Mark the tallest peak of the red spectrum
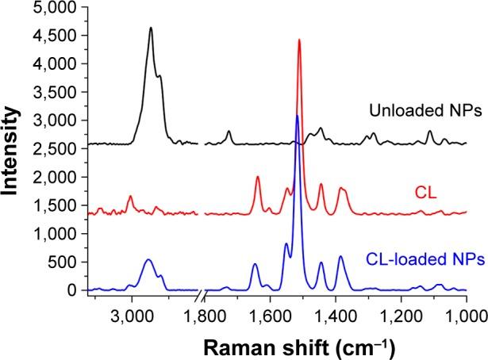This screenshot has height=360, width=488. coord(299,40)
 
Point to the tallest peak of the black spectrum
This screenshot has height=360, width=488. coord(151,28)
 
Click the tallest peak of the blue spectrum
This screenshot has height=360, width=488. coord(297,116)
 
